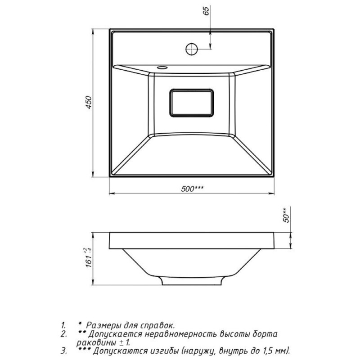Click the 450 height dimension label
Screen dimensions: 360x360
89,103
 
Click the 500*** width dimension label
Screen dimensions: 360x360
193,189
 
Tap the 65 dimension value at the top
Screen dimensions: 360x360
207,11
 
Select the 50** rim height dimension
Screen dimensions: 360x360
286,215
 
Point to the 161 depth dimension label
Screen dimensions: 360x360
89,257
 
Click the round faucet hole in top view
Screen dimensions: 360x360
192,49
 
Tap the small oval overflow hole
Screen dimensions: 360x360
162,68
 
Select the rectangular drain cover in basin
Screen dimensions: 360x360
192,103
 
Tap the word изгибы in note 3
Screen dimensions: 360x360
164,351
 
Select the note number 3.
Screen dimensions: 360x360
64,351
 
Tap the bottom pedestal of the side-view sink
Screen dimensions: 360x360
192,280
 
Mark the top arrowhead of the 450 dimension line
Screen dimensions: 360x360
93,31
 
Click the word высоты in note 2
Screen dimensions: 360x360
234,334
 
